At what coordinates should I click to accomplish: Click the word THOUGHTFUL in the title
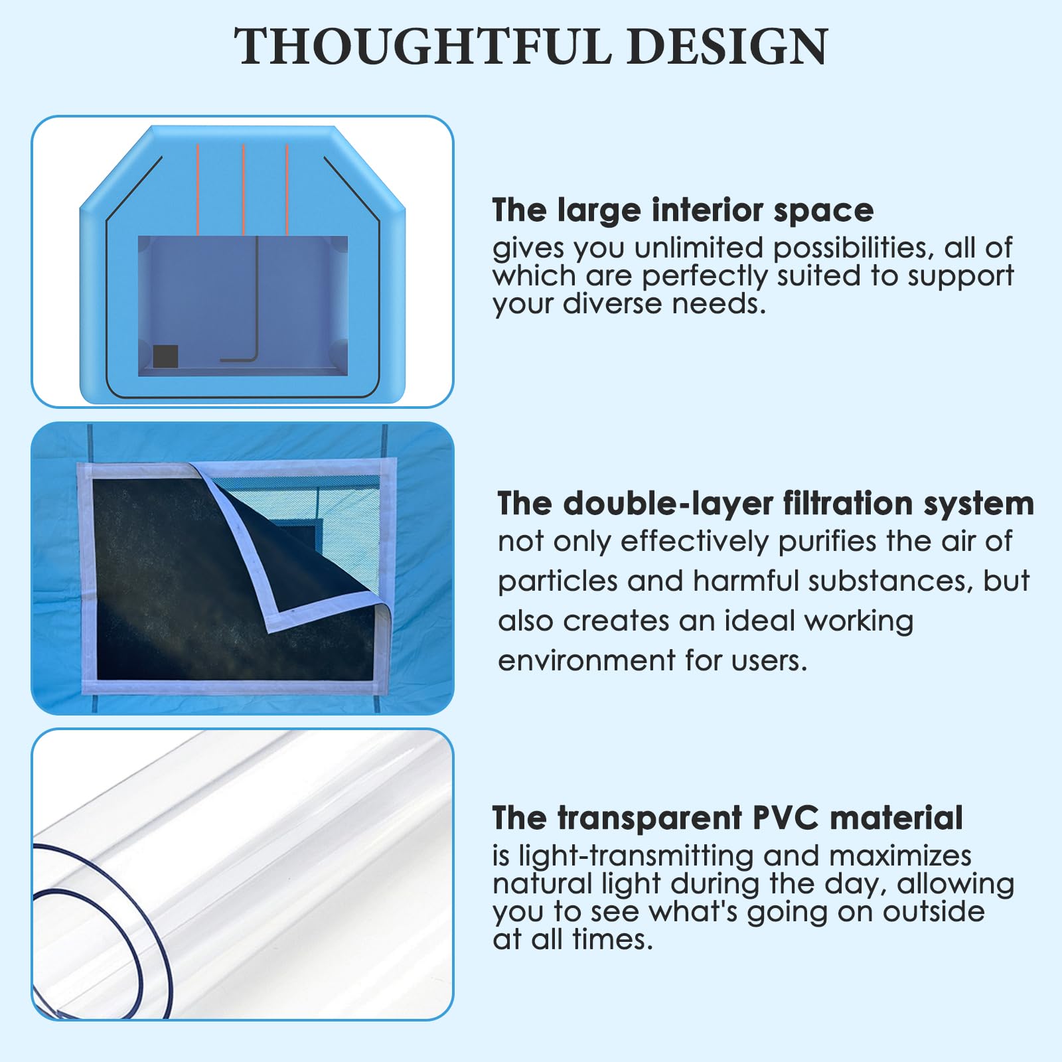(x=423, y=46)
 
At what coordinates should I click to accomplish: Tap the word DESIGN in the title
(x=727, y=46)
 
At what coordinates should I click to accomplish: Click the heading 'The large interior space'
(x=683, y=210)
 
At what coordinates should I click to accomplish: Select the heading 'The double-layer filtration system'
(x=765, y=504)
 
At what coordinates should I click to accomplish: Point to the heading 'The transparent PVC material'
(x=727, y=818)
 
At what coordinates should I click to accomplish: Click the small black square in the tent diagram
(x=165, y=356)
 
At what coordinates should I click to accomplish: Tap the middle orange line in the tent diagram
(x=244, y=189)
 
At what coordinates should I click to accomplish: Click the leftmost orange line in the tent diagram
(x=198, y=189)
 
